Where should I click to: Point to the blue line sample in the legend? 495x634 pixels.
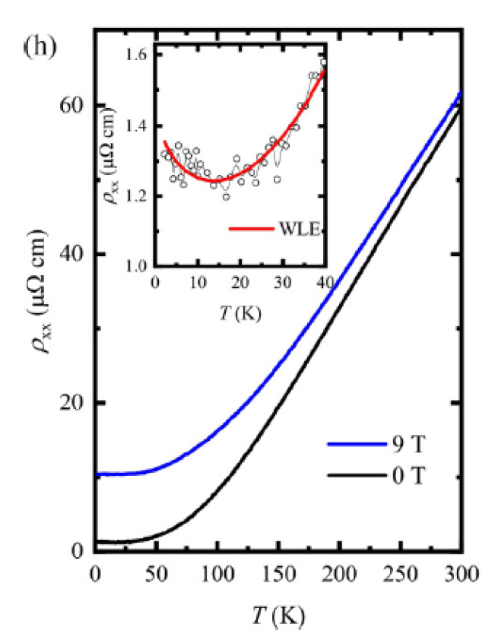[x=354, y=444]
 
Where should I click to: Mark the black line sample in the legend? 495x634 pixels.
[x=354, y=477]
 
